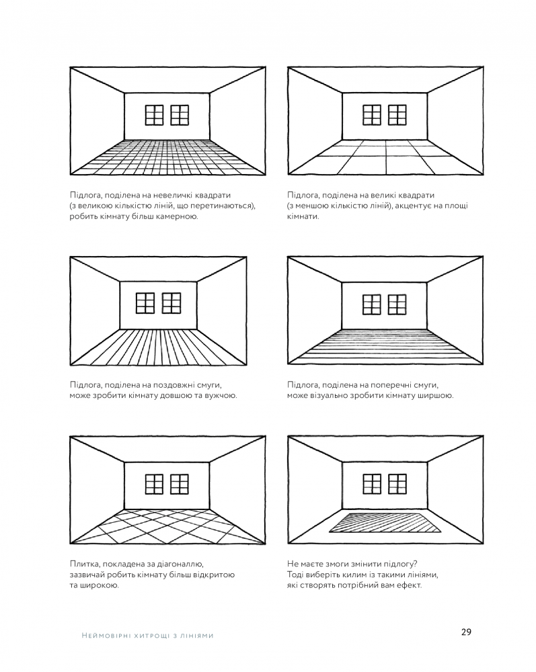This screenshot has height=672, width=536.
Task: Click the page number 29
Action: (466, 631)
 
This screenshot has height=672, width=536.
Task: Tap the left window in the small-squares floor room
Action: (155, 115)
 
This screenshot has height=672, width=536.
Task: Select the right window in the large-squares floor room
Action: (397, 115)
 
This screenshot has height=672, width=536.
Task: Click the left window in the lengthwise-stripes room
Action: (145, 303)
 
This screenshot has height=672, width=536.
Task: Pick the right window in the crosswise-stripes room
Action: (397, 304)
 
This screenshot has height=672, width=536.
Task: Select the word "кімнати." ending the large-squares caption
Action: (303, 217)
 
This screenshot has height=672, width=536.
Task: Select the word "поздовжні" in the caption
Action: (169, 384)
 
